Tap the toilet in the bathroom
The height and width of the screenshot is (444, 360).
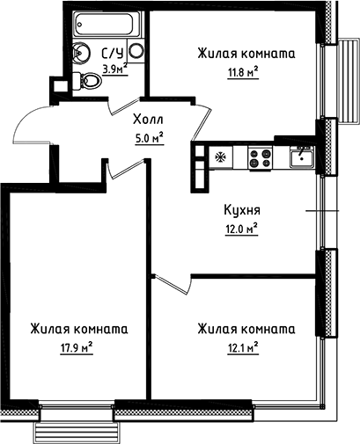click(91, 82)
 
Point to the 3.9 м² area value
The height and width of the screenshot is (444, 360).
click(113, 68)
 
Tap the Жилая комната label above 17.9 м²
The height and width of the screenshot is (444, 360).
click(77, 329)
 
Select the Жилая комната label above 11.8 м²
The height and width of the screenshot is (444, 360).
click(246, 55)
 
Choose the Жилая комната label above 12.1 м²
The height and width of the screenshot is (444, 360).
click(246, 329)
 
